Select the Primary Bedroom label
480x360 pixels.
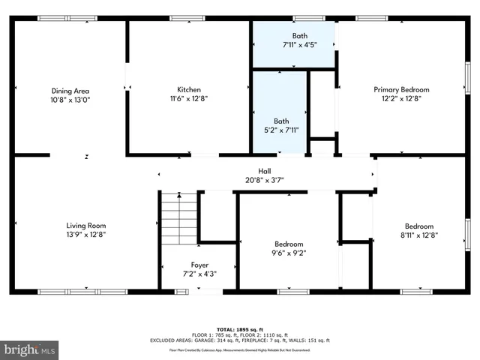coord(401,89)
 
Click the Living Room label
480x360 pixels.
coord(86,225)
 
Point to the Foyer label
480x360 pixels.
coord(199,265)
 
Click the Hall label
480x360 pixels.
coord(265,170)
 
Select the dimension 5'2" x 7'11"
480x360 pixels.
coord(281,130)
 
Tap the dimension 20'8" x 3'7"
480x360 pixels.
coord(265,179)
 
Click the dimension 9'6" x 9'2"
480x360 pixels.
coord(289,253)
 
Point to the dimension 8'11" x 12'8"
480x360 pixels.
coord(419,235)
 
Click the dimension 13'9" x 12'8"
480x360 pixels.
coord(86,234)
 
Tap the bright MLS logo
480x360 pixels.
coord(29,349)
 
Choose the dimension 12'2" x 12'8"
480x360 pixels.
coord(401,98)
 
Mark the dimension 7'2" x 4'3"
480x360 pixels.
coord(199,274)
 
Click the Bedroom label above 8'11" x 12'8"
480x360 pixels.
coord(419,226)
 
